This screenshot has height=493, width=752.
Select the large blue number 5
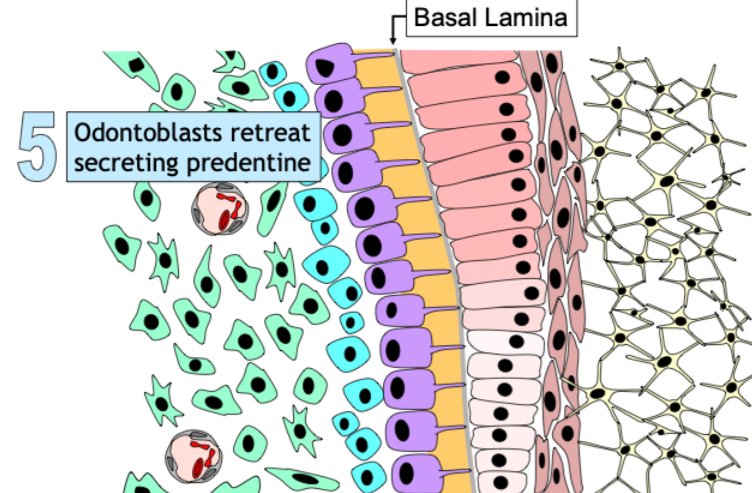(37, 147)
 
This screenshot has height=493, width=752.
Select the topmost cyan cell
(273, 72)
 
